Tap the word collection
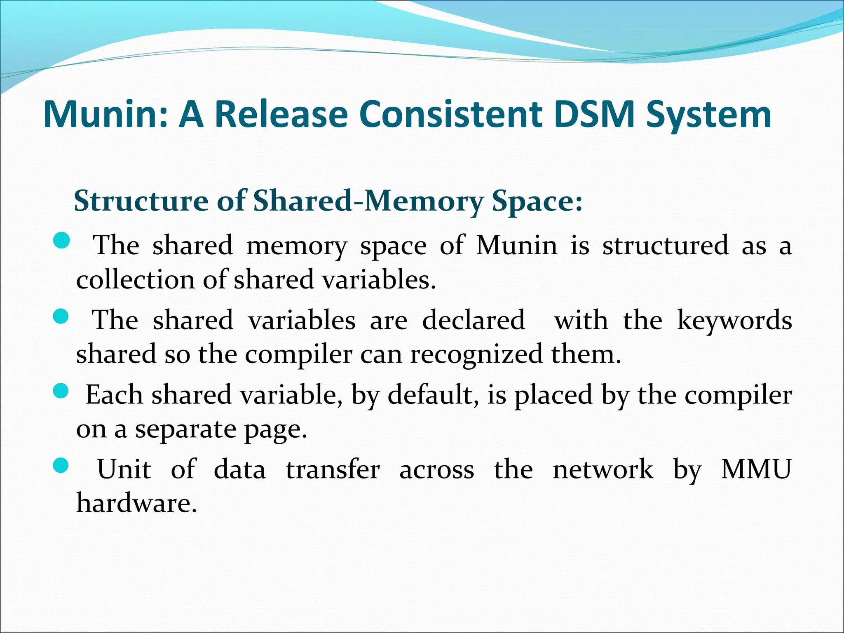(135, 280)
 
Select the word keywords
(734, 321)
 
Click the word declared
(474, 320)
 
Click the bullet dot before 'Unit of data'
(61, 466)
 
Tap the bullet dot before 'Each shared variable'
(61, 391)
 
